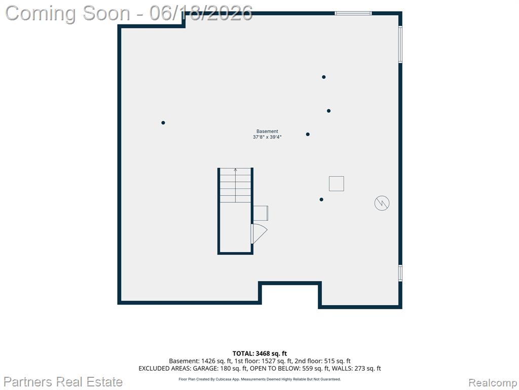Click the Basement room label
pos(267,132)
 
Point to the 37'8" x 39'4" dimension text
pos(267,137)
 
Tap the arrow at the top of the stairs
pos(235,170)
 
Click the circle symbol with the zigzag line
pos(382,203)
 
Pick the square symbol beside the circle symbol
pos(337,184)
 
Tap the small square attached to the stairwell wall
pos(261,213)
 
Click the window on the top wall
pos(353,13)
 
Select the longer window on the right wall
pos(400,44)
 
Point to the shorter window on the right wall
pos(400,273)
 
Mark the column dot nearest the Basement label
pos(308,134)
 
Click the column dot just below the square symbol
pos(321,200)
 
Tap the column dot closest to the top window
pos(324,77)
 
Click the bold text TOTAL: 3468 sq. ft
pos(260,353)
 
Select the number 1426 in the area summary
pos(207,361)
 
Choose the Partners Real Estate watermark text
pos(63,382)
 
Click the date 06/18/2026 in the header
pos(201,13)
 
